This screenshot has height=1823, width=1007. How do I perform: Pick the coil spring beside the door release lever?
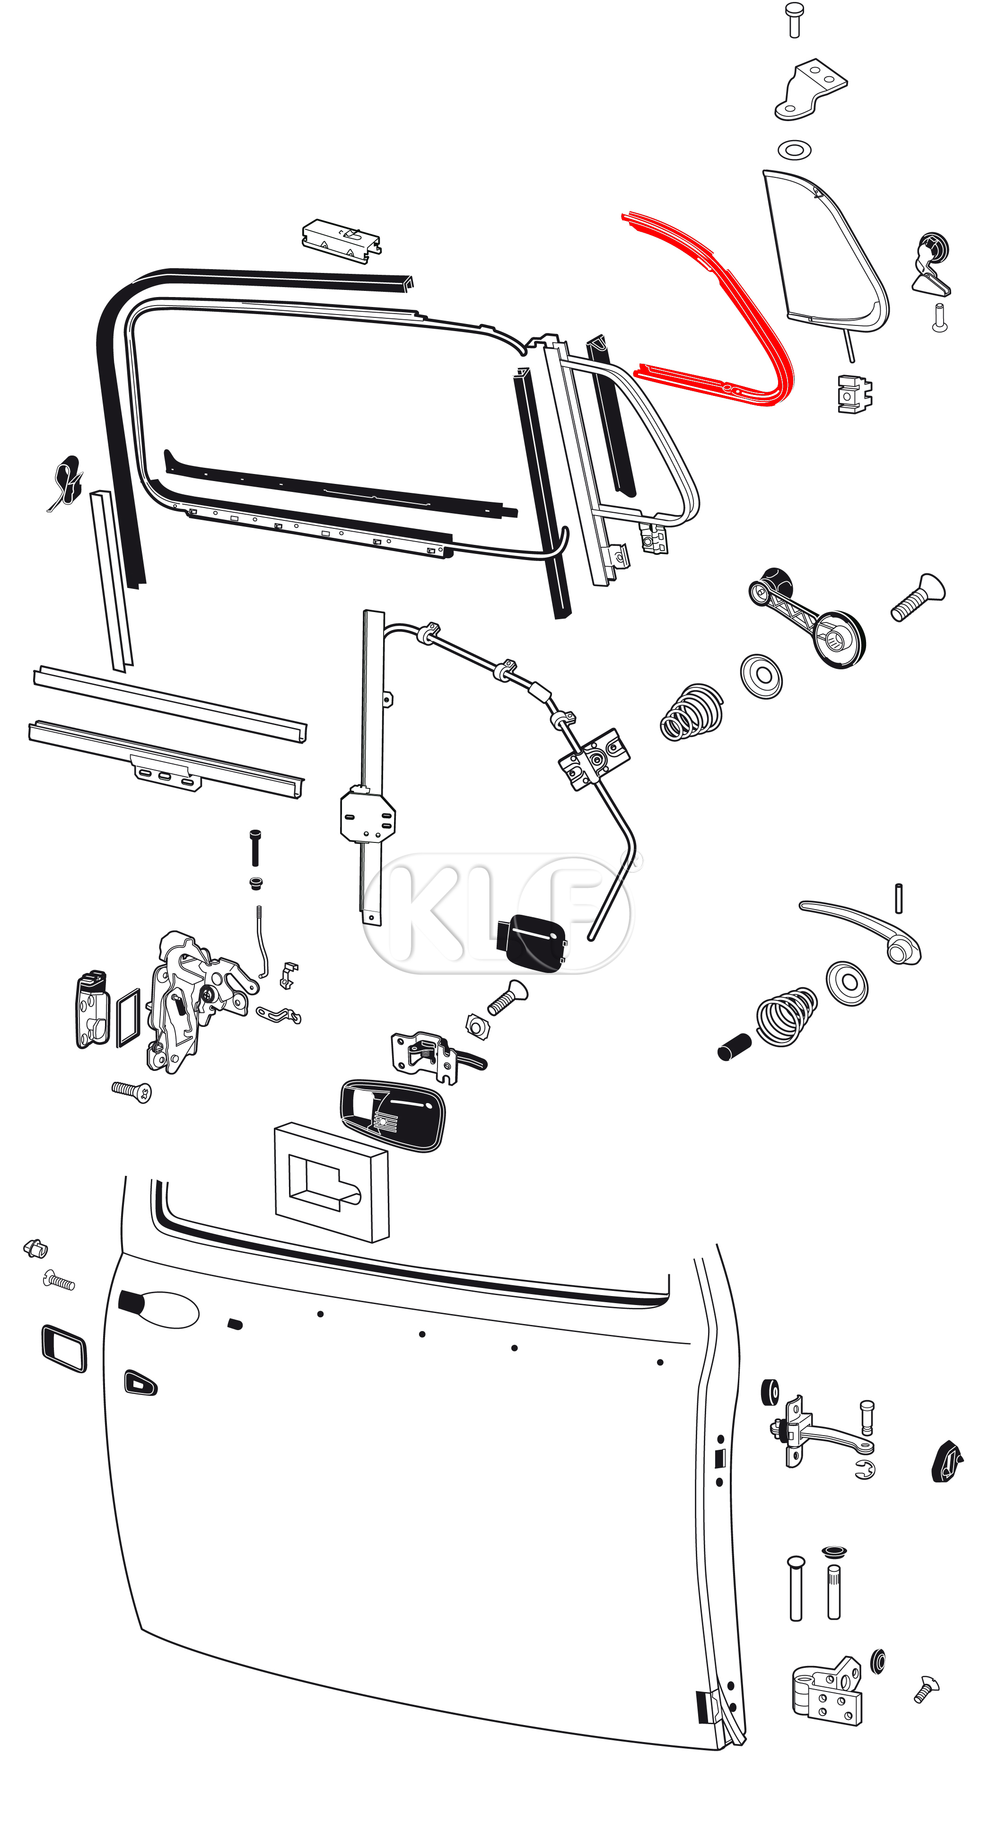(x=786, y=1016)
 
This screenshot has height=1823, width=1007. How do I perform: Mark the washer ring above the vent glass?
(x=794, y=150)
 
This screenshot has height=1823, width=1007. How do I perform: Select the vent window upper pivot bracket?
(x=810, y=90)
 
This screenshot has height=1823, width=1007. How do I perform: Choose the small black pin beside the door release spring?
(x=734, y=1047)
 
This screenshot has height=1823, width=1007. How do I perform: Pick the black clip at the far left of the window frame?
(x=66, y=481)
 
